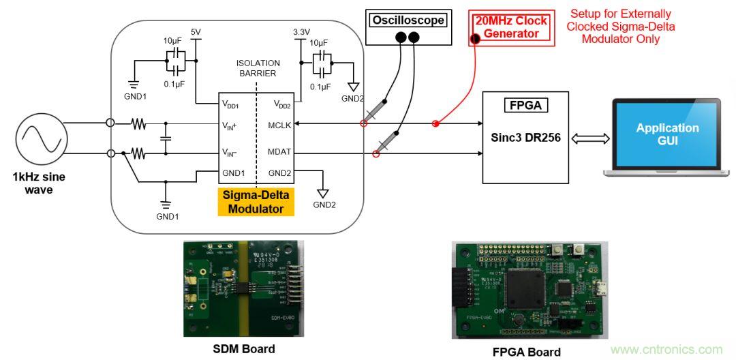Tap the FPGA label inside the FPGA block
pyautogui.click(x=525, y=106)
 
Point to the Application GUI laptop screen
pyautogui.click(x=667, y=133)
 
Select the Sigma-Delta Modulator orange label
pyautogui.click(x=256, y=202)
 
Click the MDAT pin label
pyautogui.click(x=279, y=153)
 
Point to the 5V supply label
pyautogui.click(x=196, y=33)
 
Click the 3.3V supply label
pyautogui.click(x=301, y=32)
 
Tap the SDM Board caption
pyautogui.click(x=243, y=348)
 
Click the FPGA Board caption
pyautogui.click(x=527, y=352)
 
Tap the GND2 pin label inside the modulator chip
pyautogui.click(x=280, y=172)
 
